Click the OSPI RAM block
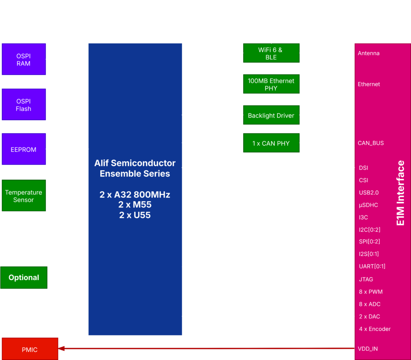pyautogui.click(x=24, y=59)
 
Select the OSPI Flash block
pyautogui.click(x=24, y=105)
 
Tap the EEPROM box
pyautogui.click(x=24, y=149)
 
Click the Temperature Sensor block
pyautogui.click(x=24, y=196)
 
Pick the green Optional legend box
pyautogui.click(x=24, y=278)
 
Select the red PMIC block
pyautogui.click(x=30, y=350)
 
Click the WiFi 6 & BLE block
pyautogui.click(x=271, y=53)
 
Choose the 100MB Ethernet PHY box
pyautogui.click(x=271, y=84)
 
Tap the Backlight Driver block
pyautogui.click(x=271, y=115)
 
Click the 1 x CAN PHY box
pyautogui.click(x=271, y=143)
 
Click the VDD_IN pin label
pyautogui.click(x=368, y=349)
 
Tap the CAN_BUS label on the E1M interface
pyautogui.click(x=371, y=143)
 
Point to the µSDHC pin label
pyautogui.click(x=368, y=205)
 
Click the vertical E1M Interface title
pyautogui.click(x=400, y=193)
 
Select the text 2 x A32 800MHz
pyautogui.click(x=135, y=195)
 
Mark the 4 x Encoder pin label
pyautogui.click(x=375, y=329)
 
